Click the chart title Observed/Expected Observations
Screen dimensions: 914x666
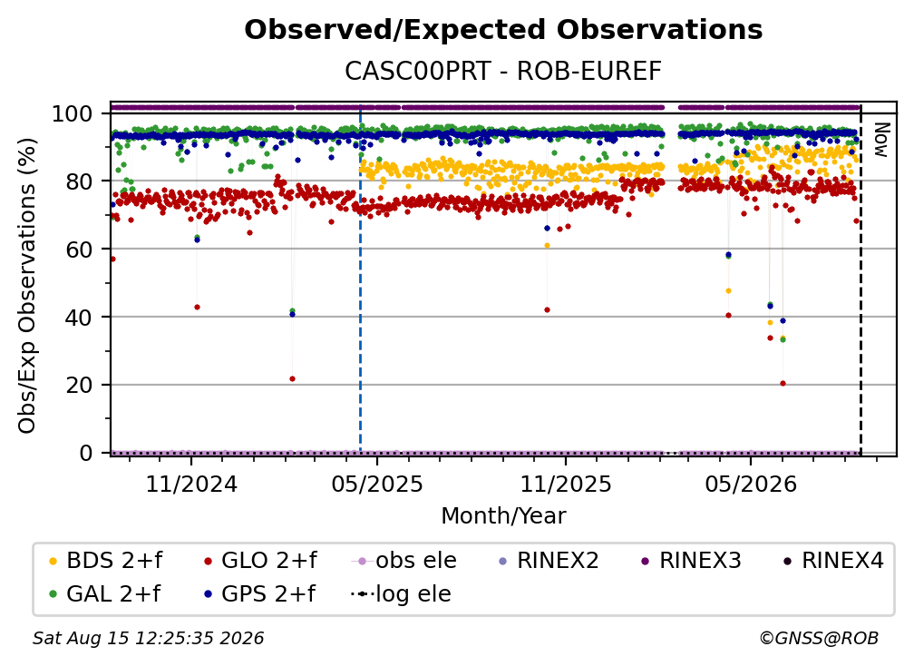(x=503, y=30)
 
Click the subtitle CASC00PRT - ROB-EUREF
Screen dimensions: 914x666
(x=503, y=72)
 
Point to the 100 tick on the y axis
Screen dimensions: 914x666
(x=73, y=113)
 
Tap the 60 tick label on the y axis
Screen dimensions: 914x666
(x=79, y=250)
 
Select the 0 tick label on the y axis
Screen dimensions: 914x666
(x=86, y=453)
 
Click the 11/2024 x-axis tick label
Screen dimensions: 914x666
(x=191, y=484)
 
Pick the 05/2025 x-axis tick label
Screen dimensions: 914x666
(x=377, y=484)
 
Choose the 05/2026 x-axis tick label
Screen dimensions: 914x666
(x=751, y=484)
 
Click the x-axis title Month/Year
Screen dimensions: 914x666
(x=503, y=515)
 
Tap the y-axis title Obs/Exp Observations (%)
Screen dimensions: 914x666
(x=27, y=286)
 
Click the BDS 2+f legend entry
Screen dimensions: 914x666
(x=105, y=561)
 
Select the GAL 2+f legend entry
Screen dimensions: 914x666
(x=105, y=593)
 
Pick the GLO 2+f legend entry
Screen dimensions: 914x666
(x=260, y=561)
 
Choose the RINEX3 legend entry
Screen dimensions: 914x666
(x=691, y=561)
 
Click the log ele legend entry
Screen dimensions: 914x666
(x=401, y=593)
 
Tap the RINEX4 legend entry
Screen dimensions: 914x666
(x=833, y=561)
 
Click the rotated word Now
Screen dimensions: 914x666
(x=880, y=140)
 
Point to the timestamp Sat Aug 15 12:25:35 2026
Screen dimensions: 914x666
(x=148, y=638)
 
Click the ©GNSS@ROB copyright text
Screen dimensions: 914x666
(x=819, y=638)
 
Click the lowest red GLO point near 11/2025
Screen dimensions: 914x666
(x=547, y=309)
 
